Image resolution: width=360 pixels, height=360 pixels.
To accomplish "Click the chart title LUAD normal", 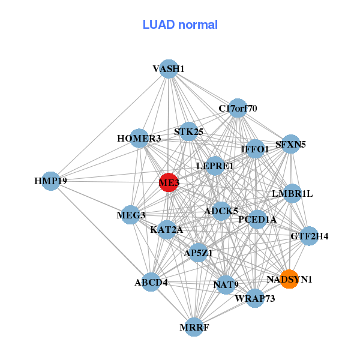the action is (180, 25).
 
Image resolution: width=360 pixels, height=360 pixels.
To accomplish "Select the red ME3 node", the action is (169, 182).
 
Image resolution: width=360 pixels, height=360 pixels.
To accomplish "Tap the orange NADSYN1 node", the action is (289, 279).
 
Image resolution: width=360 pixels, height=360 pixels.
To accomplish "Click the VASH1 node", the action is (169, 69).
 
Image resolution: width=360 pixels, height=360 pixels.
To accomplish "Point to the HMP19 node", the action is (50, 181).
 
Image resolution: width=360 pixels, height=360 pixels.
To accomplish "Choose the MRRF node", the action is (194, 327).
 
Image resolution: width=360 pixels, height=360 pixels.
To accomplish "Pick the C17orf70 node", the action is (238, 109).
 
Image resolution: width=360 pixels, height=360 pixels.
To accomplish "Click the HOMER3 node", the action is (139, 139).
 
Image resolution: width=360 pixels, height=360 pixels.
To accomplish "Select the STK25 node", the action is (189, 132).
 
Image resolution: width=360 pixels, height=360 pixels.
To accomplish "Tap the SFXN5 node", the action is (291, 144).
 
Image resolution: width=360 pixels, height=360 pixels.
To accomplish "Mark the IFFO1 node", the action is (255, 148).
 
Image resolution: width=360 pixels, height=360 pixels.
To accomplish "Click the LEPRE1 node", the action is (215, 166).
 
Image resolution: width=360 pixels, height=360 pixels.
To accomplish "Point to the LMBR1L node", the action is (292, 194).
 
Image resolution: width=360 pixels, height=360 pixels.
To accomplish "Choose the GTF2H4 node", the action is (309, 236).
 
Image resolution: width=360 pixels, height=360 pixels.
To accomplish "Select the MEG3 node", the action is (131, 215).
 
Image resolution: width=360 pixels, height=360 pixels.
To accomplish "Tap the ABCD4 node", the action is (151, 282).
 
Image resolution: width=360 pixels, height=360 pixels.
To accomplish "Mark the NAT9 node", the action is (224, 284).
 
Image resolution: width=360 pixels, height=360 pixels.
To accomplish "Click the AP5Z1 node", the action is (198, 253).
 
